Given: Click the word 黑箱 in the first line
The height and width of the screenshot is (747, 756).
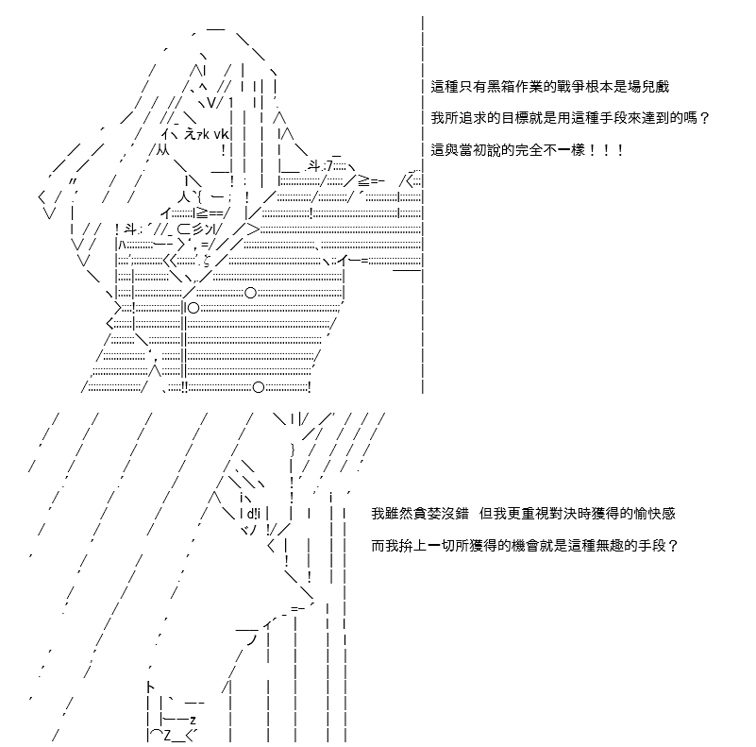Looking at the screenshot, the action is tap(501, 87).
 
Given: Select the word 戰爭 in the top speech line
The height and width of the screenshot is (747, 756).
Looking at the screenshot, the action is tap(571, 87).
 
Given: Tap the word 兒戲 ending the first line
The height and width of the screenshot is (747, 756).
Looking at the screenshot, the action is tap(656, 87).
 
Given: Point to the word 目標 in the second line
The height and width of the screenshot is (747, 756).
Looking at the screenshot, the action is tap(515, 118).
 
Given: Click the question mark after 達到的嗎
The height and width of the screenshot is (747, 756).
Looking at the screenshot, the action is tap(704, 118).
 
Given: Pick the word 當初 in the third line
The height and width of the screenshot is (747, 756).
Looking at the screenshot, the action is tap(473, 149).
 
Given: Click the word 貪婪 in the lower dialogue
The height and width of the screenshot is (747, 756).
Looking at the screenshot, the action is tap(428, 514).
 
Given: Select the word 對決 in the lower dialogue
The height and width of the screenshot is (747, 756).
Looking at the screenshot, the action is tap(563, 514).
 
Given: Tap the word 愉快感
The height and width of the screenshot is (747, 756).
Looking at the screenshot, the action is tap(655, 514).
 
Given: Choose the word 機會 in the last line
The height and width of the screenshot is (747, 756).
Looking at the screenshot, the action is tap(526, 546).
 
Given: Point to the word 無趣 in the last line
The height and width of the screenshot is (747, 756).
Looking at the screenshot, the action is tap(610, 546).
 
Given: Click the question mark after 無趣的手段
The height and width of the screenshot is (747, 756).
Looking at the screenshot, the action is tap(673, 546).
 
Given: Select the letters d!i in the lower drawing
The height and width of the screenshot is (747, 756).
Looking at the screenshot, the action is tap(253, 514).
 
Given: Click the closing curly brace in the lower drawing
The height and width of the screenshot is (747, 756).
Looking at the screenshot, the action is tap(293, 450).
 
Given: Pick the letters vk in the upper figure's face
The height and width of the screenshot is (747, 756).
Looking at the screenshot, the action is tap(221, 134).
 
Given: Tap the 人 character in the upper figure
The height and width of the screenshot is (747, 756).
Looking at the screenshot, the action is tap(184, 196).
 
